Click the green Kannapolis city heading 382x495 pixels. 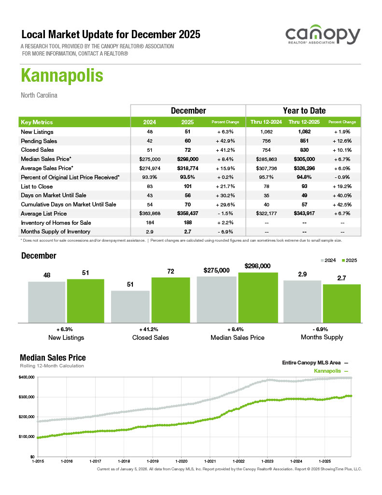coord(62,76)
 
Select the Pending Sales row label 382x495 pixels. coord(39,141)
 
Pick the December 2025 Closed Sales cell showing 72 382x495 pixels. coord(188,150)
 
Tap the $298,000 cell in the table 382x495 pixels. coord(188,159)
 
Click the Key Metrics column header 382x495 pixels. coord(37,122)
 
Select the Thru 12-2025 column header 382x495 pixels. coord(304,122)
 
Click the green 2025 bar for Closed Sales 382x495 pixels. coord(170,299)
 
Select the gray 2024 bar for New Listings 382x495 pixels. coord(46,302)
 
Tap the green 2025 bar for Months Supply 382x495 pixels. coord(341,303)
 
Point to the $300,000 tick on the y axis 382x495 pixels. coord(27,397)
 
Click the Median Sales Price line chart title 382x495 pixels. coord(53,358)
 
